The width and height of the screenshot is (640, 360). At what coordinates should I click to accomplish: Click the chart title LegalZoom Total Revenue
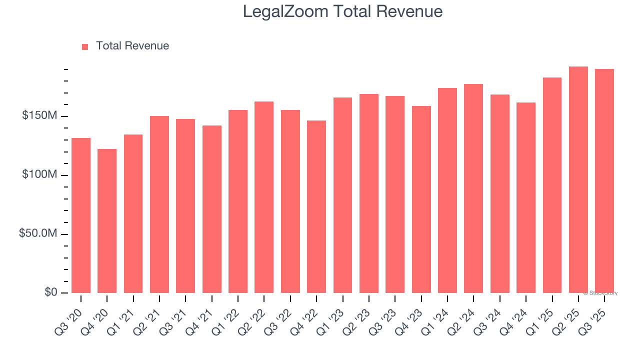(342, 11)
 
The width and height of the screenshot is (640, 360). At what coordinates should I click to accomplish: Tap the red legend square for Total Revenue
(85, 46)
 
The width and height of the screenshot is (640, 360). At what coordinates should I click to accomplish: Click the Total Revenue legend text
(132, 46)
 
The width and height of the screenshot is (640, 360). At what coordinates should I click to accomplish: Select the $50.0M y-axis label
(38, 233)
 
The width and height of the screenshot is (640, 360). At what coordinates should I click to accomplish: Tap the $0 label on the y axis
(50, 292)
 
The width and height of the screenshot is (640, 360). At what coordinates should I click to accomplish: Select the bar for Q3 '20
(81, 215)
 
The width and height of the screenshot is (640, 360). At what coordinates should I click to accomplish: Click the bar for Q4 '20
(107, 220)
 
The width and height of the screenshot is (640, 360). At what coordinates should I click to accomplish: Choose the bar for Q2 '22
(264, 197)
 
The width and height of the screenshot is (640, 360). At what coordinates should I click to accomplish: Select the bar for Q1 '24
(447, 190)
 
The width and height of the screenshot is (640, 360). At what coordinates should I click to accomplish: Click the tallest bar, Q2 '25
(578, 179)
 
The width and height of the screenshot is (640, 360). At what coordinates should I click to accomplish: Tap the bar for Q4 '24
(526, 197)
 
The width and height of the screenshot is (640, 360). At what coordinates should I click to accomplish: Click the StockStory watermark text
(600, 293)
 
